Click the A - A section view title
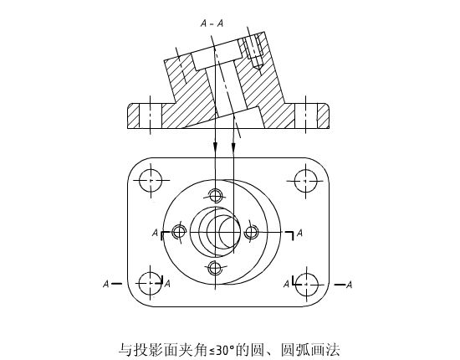[x=212, y=23]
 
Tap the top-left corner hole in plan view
[x=151, y=180]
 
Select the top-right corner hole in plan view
[x=305, y=180]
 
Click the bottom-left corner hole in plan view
[x=151, y=284]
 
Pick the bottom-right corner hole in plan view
[x=306, y=285]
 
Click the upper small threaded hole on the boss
[x=215, y=195]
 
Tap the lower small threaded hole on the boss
[x=215, y=268]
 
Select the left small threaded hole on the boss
[x=179, y=232]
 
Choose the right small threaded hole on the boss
[x=252, y=232]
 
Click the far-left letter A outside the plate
[x=106, y=284]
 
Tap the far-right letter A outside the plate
[x=349, y=285]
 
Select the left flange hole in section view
[x=151, y=116]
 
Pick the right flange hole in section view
[x=305, y=116]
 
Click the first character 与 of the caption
[x=125, y=350]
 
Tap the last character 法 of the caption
[x=333, y=350]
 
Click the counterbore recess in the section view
[x=217, y=55]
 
